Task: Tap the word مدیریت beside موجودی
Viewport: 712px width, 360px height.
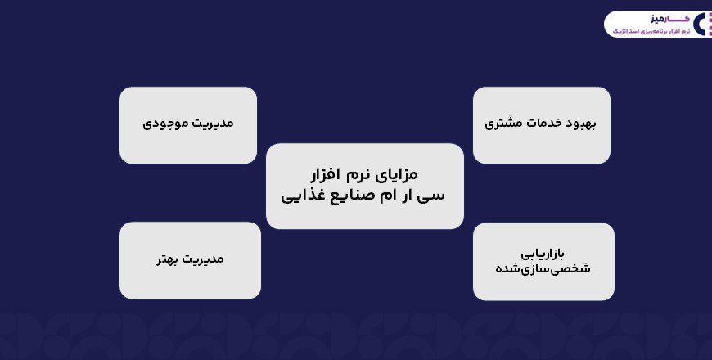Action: coord(210,124)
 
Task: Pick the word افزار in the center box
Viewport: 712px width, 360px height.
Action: coord(320,175)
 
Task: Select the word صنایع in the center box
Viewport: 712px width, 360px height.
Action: coord(353,196)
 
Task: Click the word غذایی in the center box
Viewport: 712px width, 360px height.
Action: coord(304,197)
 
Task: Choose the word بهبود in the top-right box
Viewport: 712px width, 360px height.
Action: coord(584,124)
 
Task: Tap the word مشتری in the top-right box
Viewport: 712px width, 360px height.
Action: coord(503,124)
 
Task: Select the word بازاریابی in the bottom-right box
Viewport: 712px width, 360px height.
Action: coord(543,252)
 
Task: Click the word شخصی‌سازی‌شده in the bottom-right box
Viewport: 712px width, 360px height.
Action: coord(543,268)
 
